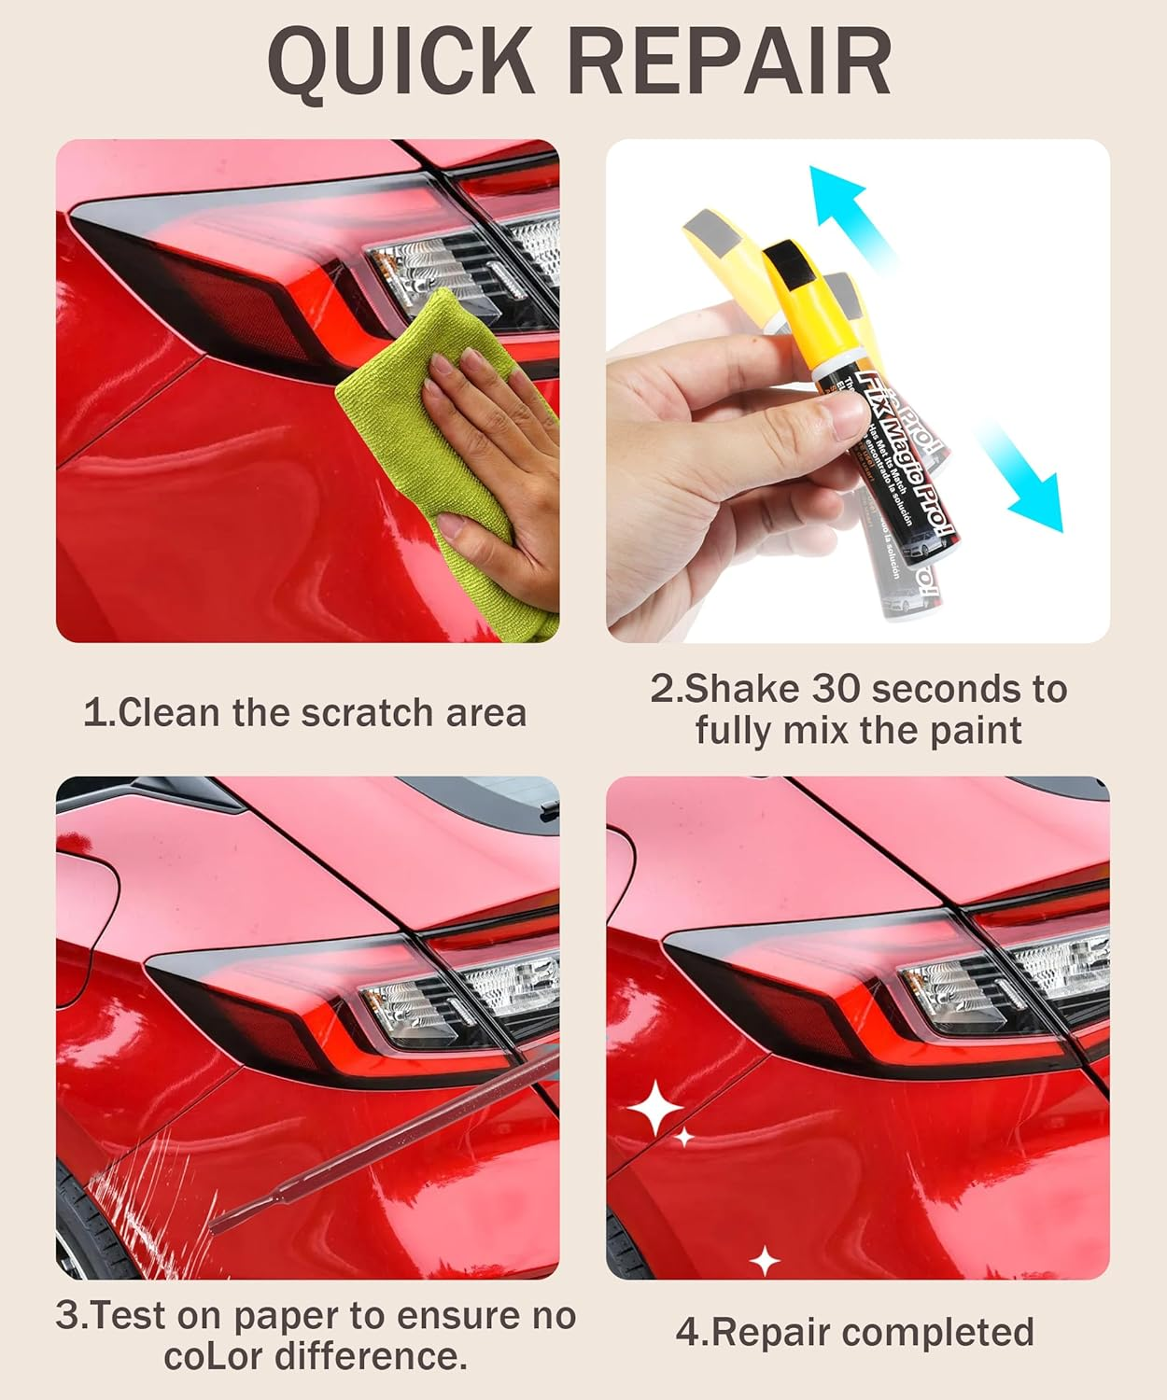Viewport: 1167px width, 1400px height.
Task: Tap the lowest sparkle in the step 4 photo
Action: (x=765, y=1261)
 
